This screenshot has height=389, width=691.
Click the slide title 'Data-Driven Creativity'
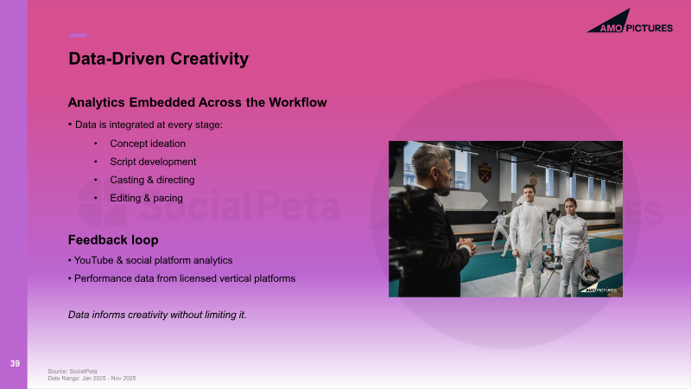click(x=159, y=59)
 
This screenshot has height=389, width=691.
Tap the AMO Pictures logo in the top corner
click(x=630, y=21)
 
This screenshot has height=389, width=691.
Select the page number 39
click(x=15, y=363)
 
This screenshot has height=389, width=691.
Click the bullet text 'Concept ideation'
click(x=148, y=143)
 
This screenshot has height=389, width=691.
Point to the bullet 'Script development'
click(x=153, y=162)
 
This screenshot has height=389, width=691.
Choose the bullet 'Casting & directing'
click(x=152, y=180)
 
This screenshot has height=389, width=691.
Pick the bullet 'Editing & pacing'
click(x=146, y=198)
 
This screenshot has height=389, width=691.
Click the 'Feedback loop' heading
click(x=113, y=240)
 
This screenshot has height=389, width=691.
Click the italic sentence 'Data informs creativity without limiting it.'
click(x=157, y=315)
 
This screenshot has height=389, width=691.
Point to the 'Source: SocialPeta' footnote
click(x=73, y=372)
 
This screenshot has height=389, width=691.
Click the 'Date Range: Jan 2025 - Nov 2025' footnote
click(x=92, y=378)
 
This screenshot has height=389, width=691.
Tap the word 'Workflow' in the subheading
click(x=298, y=102)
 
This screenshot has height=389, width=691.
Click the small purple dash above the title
click(x=78, y=35)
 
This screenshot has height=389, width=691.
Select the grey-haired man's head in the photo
click(x=432, y=169)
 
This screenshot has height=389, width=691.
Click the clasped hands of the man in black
click(x=466, y=245)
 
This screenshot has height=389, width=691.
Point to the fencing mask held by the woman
click(x=589, y=275)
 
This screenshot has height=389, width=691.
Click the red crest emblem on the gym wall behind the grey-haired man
click(x=485, y=172)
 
